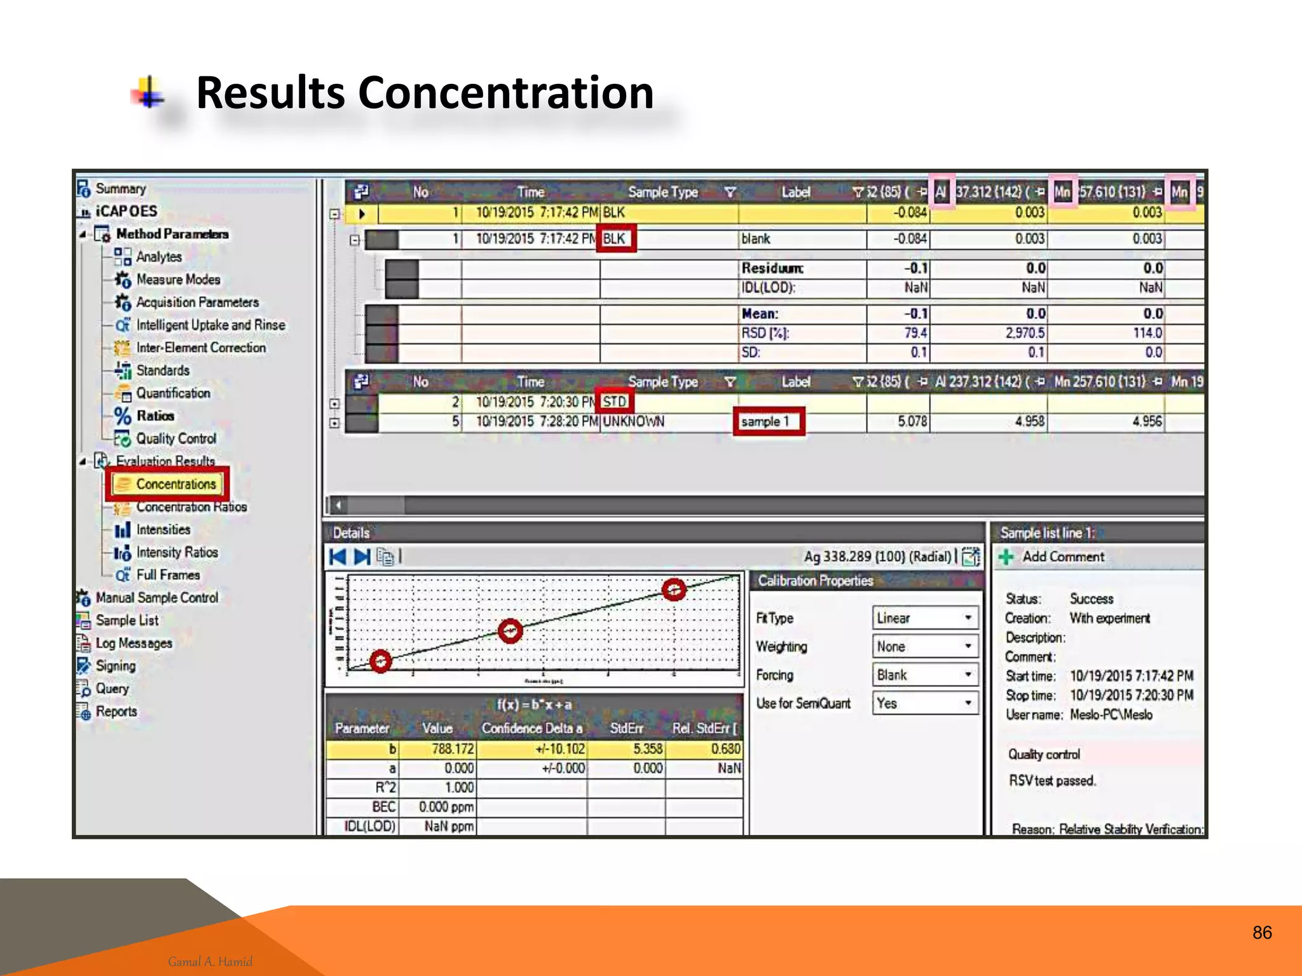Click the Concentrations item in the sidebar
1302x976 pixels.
point(175,484)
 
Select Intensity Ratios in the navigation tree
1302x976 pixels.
point(177,552)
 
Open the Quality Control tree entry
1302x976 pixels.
point(176,438)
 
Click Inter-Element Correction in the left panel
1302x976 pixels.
point(201,348)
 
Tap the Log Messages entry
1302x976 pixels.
point(134,643)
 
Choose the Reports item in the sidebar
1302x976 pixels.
point(116,712)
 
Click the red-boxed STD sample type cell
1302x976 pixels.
point(614,402)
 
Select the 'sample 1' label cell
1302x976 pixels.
point(768,421)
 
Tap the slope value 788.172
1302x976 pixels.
point(452,749)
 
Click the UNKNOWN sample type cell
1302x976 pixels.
point(633,421)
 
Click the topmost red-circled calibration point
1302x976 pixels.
point(674,590)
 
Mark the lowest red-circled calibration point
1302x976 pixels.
point(381,661)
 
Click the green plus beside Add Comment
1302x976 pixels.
point(1006,557)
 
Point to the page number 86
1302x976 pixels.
point(1262,933)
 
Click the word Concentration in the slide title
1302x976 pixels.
point(506,93)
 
